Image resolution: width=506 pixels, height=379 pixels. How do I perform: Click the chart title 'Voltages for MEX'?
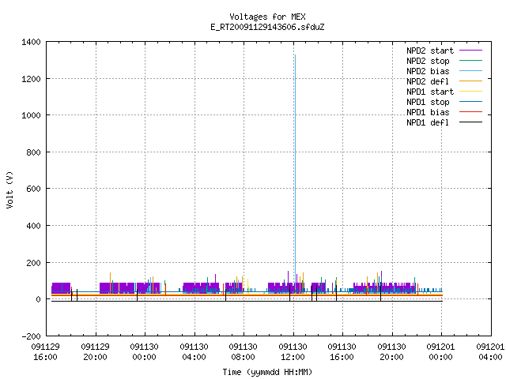point(267,17)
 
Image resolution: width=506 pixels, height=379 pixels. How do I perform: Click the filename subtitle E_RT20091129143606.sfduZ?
point(267,27)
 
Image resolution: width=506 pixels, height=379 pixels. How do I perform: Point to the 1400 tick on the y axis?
point(31,42)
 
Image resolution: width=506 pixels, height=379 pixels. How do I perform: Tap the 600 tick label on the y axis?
point(33,189)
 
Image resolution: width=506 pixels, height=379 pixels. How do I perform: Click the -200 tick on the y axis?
point(31,336)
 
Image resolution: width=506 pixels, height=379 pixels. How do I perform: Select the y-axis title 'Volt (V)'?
point(9,189)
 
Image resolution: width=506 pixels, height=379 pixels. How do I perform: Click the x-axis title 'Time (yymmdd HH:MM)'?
point(267,372)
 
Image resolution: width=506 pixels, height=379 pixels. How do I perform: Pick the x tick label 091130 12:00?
point(293,352)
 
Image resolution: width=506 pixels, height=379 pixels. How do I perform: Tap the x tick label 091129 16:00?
point(46,352)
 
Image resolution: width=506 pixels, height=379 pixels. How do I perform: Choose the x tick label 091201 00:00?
point(441,352)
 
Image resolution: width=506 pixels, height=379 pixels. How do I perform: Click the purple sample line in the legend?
point(470,51)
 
